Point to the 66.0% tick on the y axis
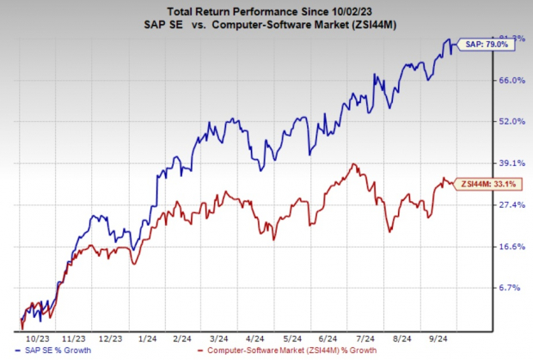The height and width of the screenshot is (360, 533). pyautogui.click(x=511, y=80)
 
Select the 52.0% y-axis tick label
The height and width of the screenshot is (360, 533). pyautogui.click(x=511, y=121)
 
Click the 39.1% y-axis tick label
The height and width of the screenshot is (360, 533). pyautogui.click(x=511, y=163)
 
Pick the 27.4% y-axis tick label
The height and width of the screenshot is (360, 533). pyautogui.click(x=511, y=204)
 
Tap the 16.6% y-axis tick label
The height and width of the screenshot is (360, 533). pyautogui.click(x=511, y=247)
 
